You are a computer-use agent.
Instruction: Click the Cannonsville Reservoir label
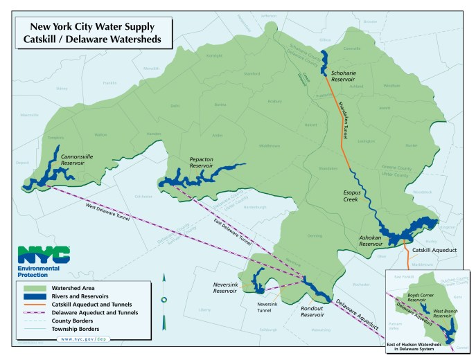78,159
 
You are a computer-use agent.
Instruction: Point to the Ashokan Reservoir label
371,240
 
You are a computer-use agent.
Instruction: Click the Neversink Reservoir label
225,288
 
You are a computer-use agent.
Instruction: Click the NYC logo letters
43,255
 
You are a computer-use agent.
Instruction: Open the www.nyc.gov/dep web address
82,339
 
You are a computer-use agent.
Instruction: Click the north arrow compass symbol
164,298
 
